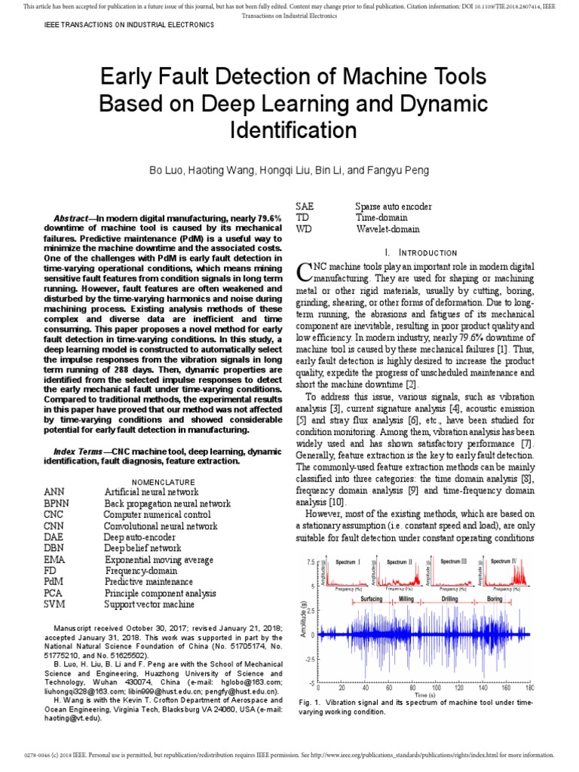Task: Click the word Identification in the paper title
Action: click(289, 130)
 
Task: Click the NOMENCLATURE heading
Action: click(164, 482)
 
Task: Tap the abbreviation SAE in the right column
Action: click(305, 206)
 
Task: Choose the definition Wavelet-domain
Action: click(388, 228)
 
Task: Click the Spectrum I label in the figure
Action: click(348, 562)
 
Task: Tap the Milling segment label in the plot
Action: click(406, 599)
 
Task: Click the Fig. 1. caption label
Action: click(310, 702)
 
